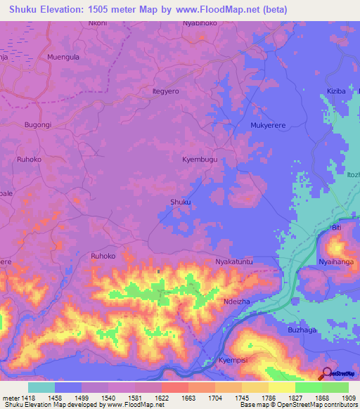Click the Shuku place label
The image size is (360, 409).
click(x=181, y=202)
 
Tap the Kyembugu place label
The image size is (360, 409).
click(x=200, y=160)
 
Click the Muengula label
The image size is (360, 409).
click(x=63, y=56)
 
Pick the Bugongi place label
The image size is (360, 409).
click(x=38, y=124)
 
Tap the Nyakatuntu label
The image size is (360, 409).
click(x=233, y=261)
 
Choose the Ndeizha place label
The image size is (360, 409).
click(x=236, y=299)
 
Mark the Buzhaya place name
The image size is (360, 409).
click(x=304, y=330)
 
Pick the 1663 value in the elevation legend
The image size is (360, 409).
click(x=188, y=397)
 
